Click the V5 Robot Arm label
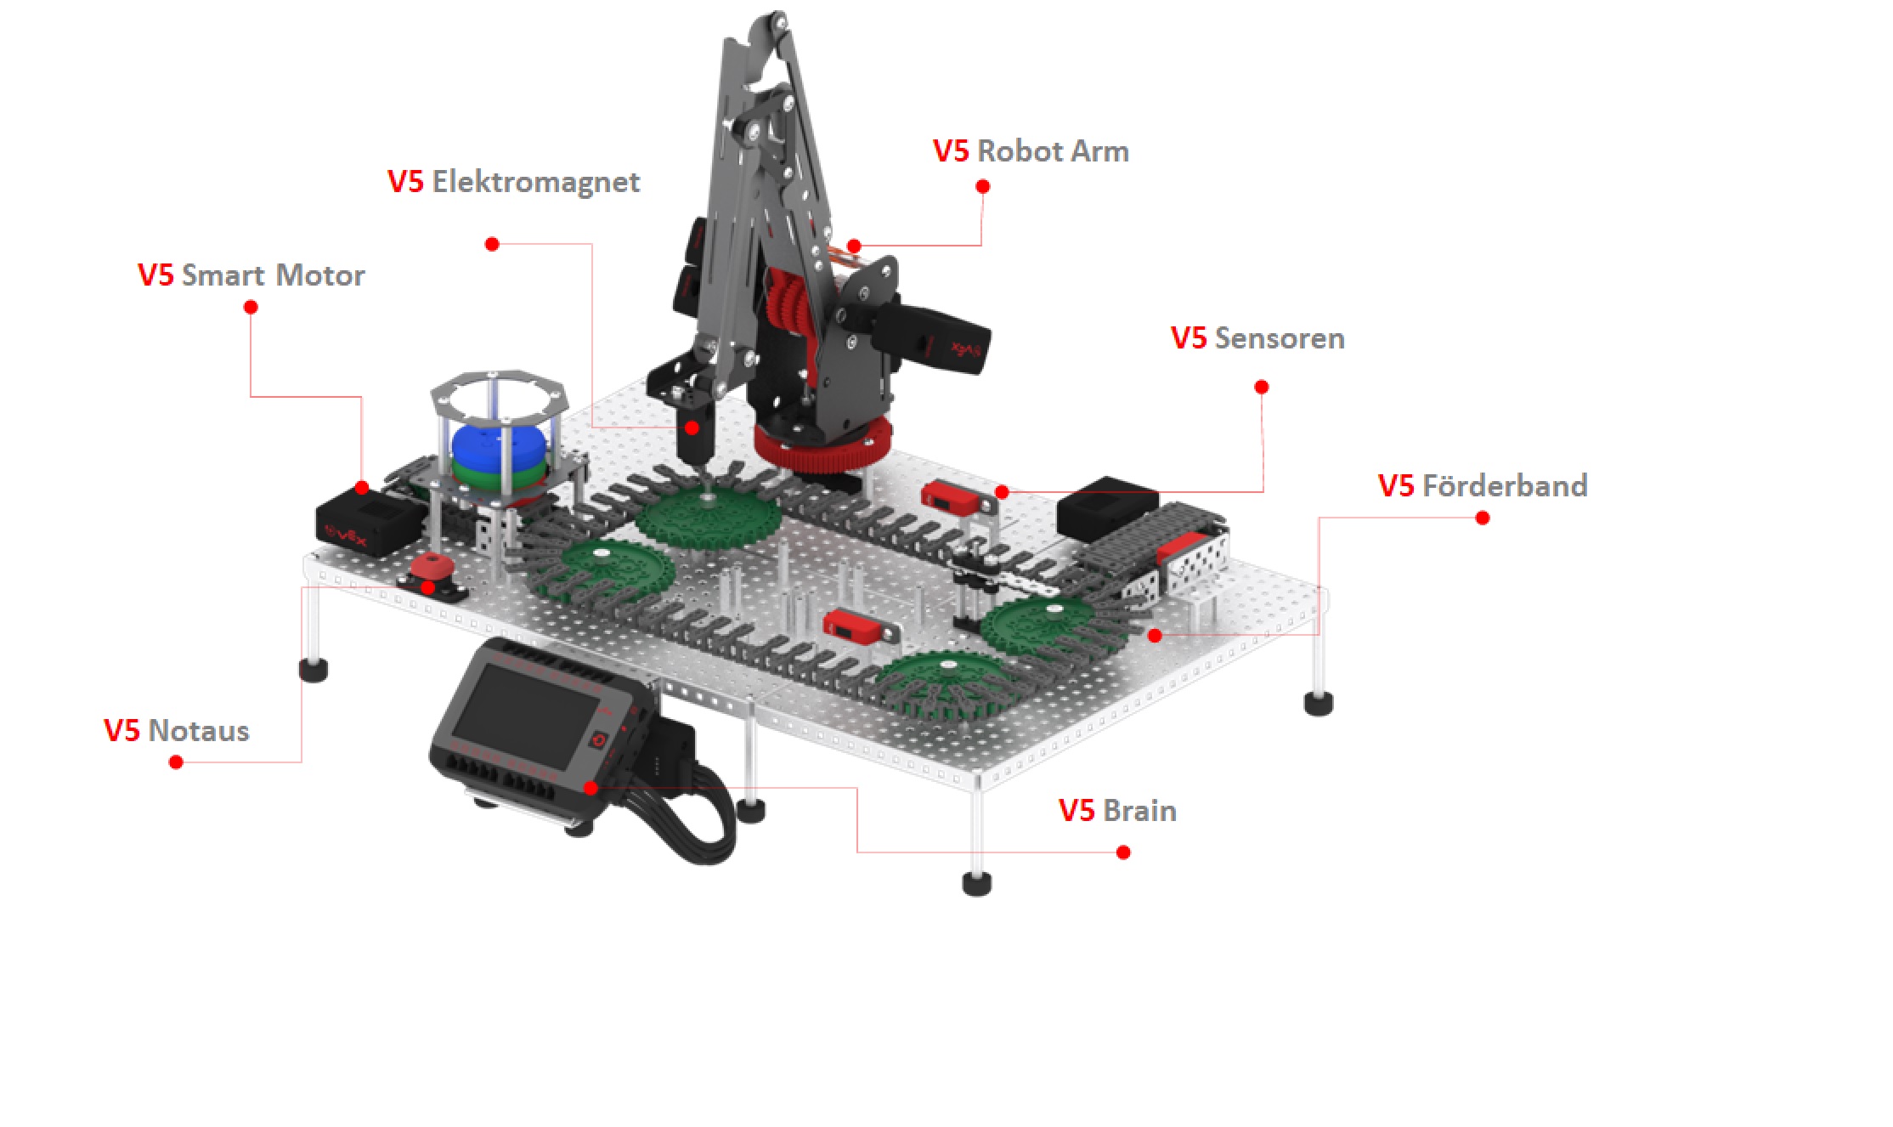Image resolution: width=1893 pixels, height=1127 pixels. coord(1031,151)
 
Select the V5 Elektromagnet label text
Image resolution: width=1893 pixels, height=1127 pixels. coord(513,183)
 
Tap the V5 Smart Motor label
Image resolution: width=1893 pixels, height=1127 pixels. coord(251,275)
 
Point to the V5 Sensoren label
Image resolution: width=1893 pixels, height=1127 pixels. coord(1257,338)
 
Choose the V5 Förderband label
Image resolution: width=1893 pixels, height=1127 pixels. coord(1483,485)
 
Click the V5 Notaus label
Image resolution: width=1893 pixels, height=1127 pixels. coord(177,731)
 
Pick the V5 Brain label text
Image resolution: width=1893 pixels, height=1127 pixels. coord(1117,811)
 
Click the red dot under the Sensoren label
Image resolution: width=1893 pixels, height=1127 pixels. coord(1262,388)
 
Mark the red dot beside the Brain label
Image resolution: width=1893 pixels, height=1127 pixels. coord(1123,852)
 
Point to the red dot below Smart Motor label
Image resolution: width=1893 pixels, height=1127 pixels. coord(251,307)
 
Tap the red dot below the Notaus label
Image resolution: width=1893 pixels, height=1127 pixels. coord(176,762)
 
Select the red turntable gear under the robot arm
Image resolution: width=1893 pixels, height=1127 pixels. coord(822,447)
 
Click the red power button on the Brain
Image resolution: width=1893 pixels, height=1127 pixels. coord(598,740)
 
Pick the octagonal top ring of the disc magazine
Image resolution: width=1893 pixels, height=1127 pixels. coord(498,394)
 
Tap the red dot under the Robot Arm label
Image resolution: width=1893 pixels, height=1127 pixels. coord(983,186)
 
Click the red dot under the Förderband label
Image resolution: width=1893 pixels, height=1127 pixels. coord(1483,518)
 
